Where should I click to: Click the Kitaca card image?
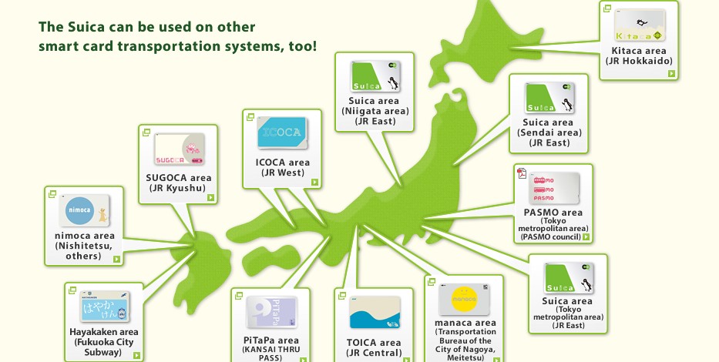(x=639, y=25)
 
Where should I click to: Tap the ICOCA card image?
(x=282, y=132)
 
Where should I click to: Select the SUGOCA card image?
(x=180, y=149)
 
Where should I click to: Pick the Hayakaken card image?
(x=105, y=306)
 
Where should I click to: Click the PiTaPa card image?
(x=271, y=312)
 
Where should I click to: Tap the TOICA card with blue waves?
(x=375, y=313)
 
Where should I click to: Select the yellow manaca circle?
(x=465, y=300)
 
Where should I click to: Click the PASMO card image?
(x=554, y=189)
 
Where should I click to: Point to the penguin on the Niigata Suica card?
(x=392, y=83)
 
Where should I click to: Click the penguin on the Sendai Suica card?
(x=568, y=105)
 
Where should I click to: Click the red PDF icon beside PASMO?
(x=522, y=173)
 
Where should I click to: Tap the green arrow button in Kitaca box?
(x=671, y=73)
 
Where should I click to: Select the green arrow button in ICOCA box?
(x=314, y=182)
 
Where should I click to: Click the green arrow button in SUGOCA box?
(x=210, y=197)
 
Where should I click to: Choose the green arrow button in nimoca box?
(x=116, y=259)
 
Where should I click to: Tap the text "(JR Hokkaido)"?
(x=639, y=61)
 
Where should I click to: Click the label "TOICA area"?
(x=374, y=343)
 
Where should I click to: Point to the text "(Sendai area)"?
(x=549, y=132)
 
